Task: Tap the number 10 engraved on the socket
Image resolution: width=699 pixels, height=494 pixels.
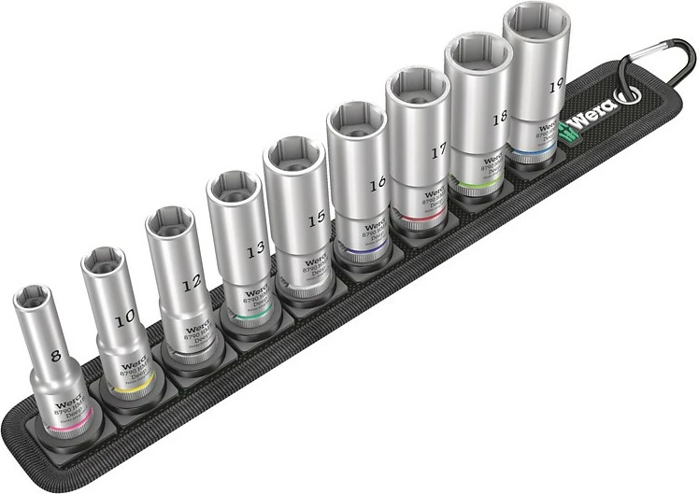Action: [124, 320]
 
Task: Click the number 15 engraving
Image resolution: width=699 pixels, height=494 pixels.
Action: [317, 217]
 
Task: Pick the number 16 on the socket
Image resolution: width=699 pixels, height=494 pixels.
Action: [377, 185]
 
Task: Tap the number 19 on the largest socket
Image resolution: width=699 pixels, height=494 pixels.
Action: [556, 84]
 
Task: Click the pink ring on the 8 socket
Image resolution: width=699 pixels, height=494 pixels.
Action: [65, 428]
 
